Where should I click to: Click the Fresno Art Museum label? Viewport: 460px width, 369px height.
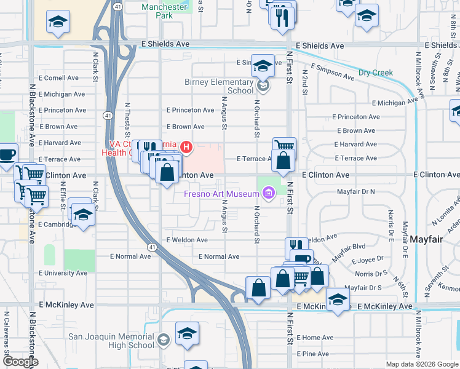click(221, 194)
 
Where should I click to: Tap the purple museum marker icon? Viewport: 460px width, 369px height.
click(268, 194)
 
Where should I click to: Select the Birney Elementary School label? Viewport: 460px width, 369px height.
click(219, 86)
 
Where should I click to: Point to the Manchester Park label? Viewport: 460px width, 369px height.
click(164, 11)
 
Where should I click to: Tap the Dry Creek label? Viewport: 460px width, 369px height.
click(376, 73)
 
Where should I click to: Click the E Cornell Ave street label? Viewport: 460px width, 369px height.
click(58, 78)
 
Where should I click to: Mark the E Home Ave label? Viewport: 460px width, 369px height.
click(315, 338)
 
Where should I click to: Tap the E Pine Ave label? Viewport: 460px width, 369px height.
click(313, 354)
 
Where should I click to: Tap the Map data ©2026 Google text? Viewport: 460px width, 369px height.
click(421, 364)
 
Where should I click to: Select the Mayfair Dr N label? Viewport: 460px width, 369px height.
click(355, 192)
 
